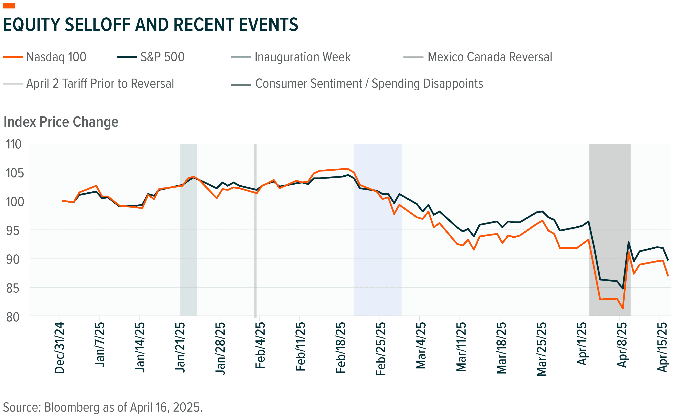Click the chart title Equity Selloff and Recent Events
click(x=151, y=24)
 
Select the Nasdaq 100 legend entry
click(x=45, y=57)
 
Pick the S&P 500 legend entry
click(x=151, y=57)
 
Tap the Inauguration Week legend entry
click(x=291, y=57)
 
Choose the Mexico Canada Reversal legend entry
click(x=478, y=57)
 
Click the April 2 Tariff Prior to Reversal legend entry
click(x=89, y=84)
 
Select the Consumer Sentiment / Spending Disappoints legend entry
click(x=357, y=84)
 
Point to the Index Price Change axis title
click(x=61, y=122)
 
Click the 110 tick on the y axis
click(x=13, y=144)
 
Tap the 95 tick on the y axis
click(x=13, y=231)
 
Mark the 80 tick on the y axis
click(x=13, y=317)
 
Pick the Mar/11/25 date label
click(x=461, y=347)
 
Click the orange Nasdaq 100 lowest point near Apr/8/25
click(x=623, y=309)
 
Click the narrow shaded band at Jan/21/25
click(x=189, y=253)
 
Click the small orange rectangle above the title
click(x=8, y=6)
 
